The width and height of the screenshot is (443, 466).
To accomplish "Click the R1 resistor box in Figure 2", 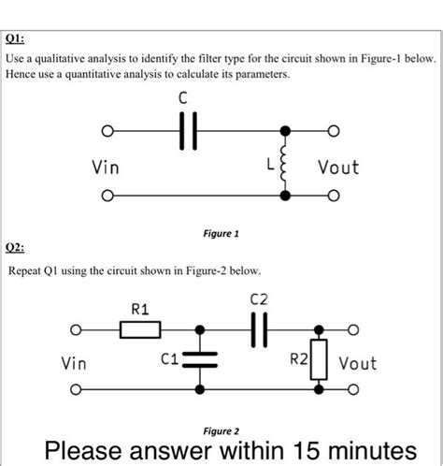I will [140, 329].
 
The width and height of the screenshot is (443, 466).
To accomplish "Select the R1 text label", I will [140, 307].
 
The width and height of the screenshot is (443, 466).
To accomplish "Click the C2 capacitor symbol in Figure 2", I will [260, 329].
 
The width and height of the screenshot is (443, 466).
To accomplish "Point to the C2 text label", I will [260, 299].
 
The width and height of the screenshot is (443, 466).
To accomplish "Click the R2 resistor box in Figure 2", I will [319, 358].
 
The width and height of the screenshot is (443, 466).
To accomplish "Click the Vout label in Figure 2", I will [357, 362].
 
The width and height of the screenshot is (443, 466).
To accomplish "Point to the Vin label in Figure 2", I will [77, 362].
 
